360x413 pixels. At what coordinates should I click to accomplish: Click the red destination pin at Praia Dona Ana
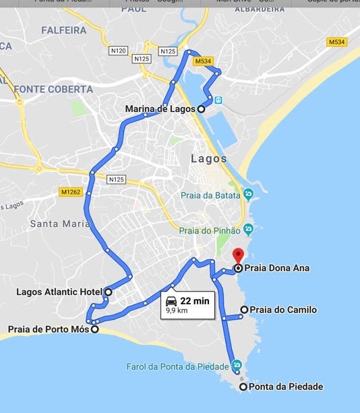pyautogui.click(x=237, y=256)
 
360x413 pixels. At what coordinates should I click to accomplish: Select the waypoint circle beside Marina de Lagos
pyautogui.click(x=201, y=109)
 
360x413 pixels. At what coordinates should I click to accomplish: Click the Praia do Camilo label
pyautogui.click(x=282, y=310)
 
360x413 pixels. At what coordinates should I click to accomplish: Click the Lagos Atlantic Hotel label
pyautogui.click(x=58, y=292)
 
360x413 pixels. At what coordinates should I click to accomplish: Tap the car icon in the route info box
pyautogui.click(x=171, y=301)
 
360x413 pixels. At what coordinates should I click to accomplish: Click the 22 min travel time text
pyautogui.click(x=195, y=301)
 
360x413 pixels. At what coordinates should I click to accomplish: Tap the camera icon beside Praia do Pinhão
pyautogui.click(x=248, y=229)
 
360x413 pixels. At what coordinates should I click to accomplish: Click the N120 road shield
pyautogui.click(x=117, y=51)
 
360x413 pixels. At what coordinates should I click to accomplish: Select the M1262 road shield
pyautogui.click(x=70, y=192)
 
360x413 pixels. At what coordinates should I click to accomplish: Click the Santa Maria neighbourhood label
pyautogui.click(x=60, y=223)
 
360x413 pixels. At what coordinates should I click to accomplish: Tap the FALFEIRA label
pyautogui.click(x=63, y=30)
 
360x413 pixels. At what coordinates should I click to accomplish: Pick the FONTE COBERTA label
pyautogui.click(x=53, y=89)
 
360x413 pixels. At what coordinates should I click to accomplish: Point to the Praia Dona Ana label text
pyautogui.click(x=276, y=268)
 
